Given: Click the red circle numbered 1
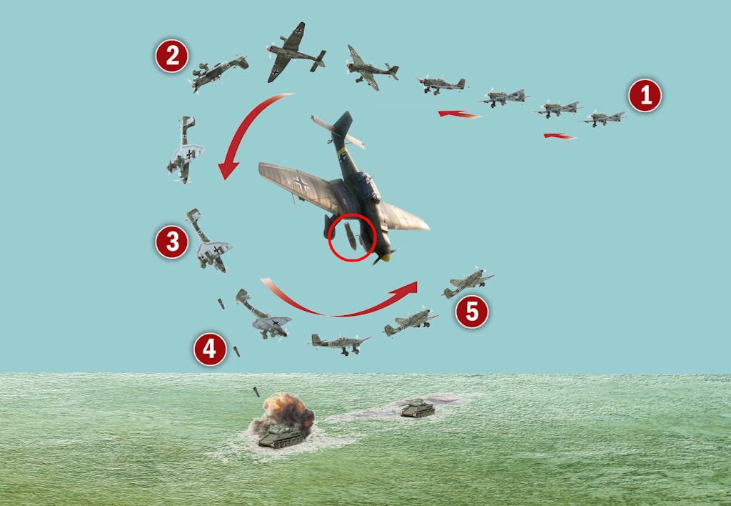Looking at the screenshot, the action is click(x=645, y=95).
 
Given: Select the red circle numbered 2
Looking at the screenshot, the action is click(x=171, y=56).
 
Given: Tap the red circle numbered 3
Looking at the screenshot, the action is click(x=171, y=242).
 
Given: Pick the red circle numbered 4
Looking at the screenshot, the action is click(x=210, y=349).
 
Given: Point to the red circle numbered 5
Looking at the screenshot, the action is click(x=472, y=312).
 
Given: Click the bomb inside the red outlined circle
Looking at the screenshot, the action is click(x=350, y=236).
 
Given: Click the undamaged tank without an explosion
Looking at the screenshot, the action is click(x=418, y=408).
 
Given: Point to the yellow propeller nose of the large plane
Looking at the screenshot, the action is click(x=385, y=257).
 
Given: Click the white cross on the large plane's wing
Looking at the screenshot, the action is click(x=301, y=184).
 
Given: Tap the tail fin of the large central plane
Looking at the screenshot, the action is click(x=342, y=126).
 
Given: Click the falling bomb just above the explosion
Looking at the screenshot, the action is click(x=256, y=392).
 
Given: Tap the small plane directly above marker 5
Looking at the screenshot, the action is click(x=468, y=283).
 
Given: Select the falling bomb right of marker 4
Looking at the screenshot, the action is click(x=236, y=351).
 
